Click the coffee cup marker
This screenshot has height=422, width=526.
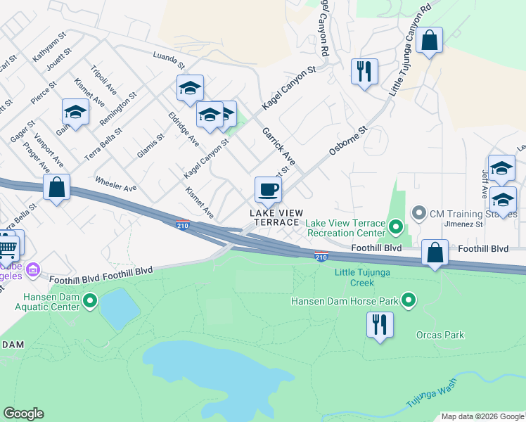click(x=268, y=189)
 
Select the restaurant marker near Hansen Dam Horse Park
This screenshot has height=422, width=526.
click(x=380, y=325)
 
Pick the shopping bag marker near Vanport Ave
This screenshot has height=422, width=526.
click(x=56, y=188)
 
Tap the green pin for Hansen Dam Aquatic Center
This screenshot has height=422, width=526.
click(x=90, y=302)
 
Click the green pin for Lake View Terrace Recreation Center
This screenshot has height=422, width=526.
click(x=395, y=226)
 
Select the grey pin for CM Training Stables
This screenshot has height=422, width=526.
click(x=419, y=212)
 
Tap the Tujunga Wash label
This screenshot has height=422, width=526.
click(x=430, y=399)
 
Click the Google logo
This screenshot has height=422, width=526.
click(x=24, y=414)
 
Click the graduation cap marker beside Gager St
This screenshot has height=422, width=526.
click(x=76, y=112)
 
